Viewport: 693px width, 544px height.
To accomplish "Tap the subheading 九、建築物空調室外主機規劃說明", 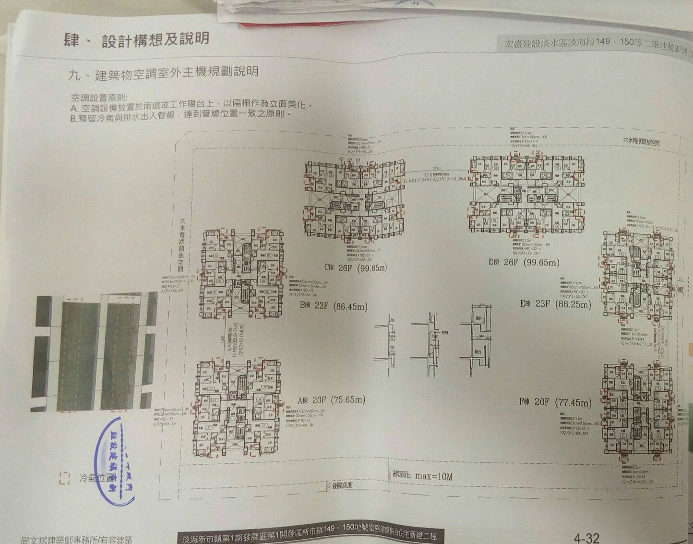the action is pyautogui.click(x=163, y=73).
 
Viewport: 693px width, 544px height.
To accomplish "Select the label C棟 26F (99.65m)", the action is pyautogui.click(x=355, y=268).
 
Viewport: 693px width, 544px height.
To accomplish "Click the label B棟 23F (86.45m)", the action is pyautogui.click(x=334, y=306).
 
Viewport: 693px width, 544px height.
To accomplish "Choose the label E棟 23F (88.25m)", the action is pyautogui.click(x=555, y=304).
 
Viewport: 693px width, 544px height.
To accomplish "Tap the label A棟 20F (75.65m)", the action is pyautogui.click(x=331, y=400).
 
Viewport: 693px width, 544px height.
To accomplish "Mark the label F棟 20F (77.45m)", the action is pyautogui.click(x=555, y=402).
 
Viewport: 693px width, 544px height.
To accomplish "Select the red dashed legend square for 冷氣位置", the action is pyautogui.click(x=65, y=478).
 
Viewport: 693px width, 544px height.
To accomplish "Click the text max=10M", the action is pyautogui.click(x=433, y=476).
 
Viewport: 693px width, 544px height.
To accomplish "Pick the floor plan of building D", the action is pyautogui.click(x=526, y=194).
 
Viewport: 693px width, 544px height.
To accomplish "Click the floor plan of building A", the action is pyautogui.click(x=238, y=408).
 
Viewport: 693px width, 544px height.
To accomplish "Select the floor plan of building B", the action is pyautogui.click(x=241, y=273).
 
